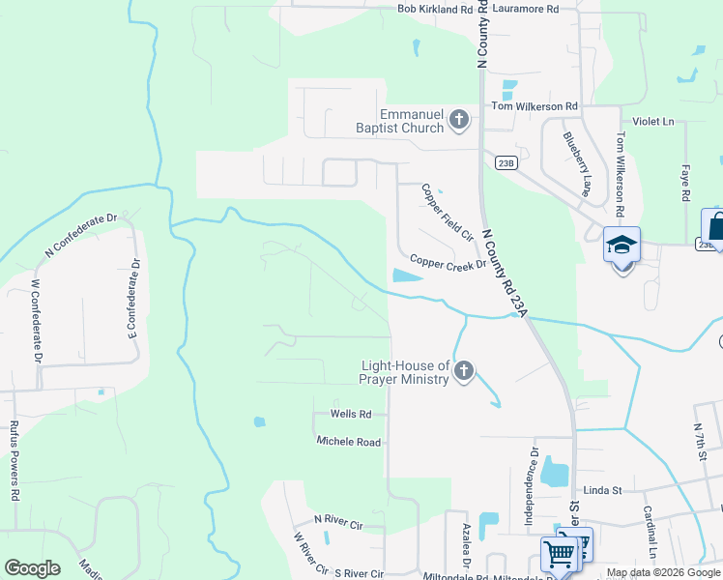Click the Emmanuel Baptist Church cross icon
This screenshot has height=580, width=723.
[x=458, y=121]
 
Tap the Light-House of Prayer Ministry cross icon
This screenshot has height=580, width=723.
[x=464, y=371]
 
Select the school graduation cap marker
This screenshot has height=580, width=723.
[x=622, y=245]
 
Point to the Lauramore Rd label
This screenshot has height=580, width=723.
[x=525, y=9]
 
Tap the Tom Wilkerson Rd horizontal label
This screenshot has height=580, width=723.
[x=535, y=106]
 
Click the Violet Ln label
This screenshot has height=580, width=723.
[x=653, y=122]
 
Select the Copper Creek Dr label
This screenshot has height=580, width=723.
[x=447, y=261]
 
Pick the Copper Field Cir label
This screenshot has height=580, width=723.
[x=447, y=213]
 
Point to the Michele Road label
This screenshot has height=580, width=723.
[x=349, y=441]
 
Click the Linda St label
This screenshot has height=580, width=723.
[x=601, y=491]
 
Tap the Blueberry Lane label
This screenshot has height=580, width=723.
[x=576, y=165]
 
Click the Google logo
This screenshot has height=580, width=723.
[x=32, y=568]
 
